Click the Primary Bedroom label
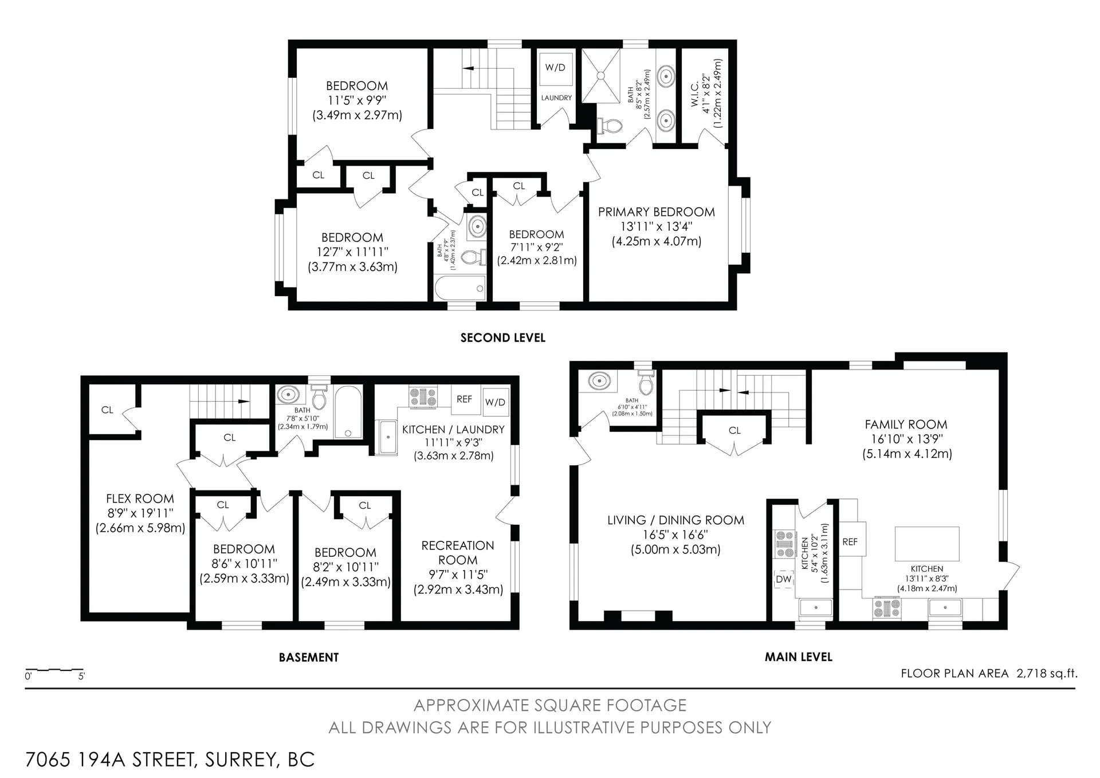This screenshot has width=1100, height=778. pyautogui.click(x=656, y=212)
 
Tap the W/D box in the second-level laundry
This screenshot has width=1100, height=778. pyautogui.click(x=555, y=68)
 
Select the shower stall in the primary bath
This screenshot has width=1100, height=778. pyautogui.click(x=601, y=75)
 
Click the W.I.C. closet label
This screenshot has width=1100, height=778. pyautogui.click(x=694, y=93)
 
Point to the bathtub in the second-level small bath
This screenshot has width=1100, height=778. pyautogui.click(x=459, y=288)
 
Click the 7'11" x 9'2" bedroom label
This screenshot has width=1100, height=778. pyautogui.click(x=536, y=247)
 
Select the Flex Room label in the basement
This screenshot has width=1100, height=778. pyautogui.click(x=140, y=498)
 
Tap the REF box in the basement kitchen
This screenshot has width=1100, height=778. pyautogui.click(x=464, y=399)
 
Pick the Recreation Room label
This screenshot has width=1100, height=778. pyautogui.click(x=457, y=552)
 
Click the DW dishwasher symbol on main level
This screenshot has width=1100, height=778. pyautogui.click(x=783, y=579)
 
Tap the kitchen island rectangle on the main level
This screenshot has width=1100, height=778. pyautogui.click(x=926, y=544)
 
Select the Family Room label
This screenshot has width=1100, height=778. pyautogui.click(x=906, y=425)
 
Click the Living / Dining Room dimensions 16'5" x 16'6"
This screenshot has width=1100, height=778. pyautogui.click(x=675, y=535)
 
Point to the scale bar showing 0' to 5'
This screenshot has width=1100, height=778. pyautogui.click(x=54, y=670)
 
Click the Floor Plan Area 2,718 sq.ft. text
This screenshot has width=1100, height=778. pyautogui.click(x=988, y=673)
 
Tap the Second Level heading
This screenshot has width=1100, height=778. pyautogui.click(x=502, y=338)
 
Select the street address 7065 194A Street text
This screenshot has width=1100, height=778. pyautogui.click(x=170, y=759)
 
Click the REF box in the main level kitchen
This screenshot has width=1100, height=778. pyautogui.click(x=850, y=541)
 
